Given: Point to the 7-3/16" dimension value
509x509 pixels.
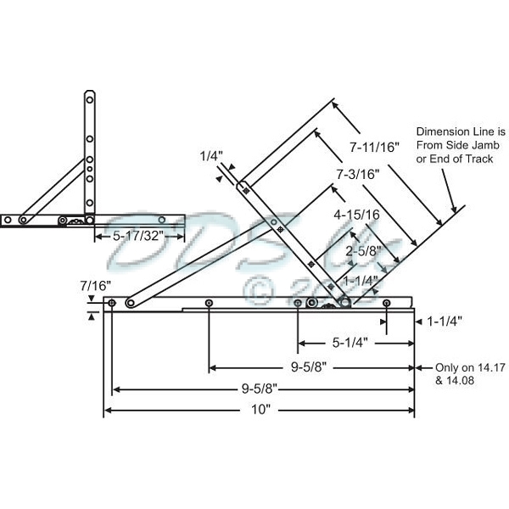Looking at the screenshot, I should click(355, 172).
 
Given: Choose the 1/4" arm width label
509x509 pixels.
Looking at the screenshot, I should click(211, 156).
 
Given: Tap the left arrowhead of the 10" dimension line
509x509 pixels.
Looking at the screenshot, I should click(108, 411).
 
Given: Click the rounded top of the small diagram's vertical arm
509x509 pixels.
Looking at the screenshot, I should click(88, 97).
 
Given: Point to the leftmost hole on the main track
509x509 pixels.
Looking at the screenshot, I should click(112, 302).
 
